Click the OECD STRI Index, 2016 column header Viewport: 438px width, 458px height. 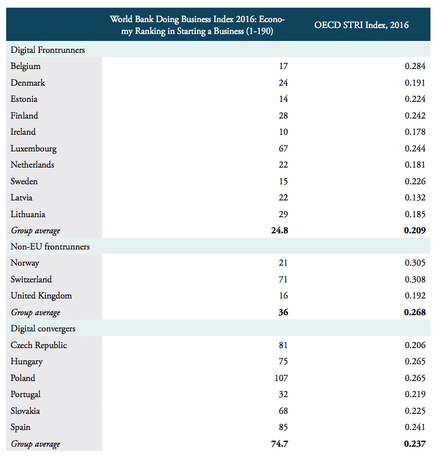point(361,25)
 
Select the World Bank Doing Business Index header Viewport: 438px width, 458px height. point(197,25)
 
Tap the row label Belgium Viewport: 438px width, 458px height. point(25,66)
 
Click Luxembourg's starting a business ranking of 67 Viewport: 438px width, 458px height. point(283,148)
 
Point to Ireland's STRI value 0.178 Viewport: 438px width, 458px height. point(415,132)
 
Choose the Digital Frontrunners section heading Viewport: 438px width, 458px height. point(48,50)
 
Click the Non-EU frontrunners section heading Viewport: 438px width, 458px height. point(50,247)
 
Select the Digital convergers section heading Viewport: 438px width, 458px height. point(43,329)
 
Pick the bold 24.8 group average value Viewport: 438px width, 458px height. point(279,231)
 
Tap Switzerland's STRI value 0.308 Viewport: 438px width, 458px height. point(415,280)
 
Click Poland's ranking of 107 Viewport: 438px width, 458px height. point(281,378)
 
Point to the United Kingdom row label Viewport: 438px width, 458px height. point(41,296)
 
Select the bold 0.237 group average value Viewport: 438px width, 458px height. point(414,444)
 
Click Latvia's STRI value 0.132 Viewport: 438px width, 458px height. point(415,198)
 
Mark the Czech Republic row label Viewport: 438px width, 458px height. point(39,345)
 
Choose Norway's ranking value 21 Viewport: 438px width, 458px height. point(283,263)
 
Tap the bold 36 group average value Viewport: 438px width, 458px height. point(283,313)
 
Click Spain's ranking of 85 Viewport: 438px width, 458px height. point(283,427)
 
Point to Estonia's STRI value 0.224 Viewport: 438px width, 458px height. point(415,99)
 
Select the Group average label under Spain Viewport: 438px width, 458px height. point(35,445)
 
